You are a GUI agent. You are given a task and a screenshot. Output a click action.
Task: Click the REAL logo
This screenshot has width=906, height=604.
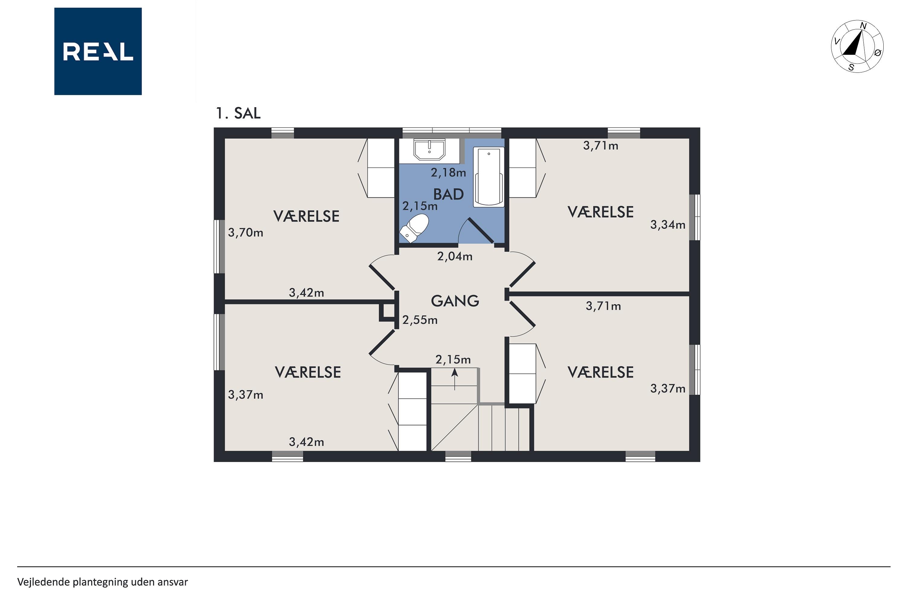tap(98, 51)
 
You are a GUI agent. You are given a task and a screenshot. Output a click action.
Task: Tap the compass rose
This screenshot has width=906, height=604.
tap(857, 46)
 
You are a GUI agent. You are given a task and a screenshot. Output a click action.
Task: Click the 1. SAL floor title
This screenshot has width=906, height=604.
tap(238, 113)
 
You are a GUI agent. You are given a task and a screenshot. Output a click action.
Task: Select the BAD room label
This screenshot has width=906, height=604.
tap(448, 194)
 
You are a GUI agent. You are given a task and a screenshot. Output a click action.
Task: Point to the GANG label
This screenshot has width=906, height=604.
tap(455, 301)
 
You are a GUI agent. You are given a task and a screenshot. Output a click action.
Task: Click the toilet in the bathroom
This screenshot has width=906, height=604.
tap(414, 228)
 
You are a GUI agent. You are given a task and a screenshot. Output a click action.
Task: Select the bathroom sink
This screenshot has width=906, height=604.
tap(429, 149)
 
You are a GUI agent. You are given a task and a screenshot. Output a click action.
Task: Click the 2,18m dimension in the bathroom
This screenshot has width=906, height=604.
tap(448, 172)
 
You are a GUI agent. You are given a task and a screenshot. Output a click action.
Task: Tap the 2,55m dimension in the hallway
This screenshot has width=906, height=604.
tap(420, 320)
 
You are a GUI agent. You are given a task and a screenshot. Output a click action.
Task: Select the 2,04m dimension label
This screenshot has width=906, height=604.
tap(455, 256)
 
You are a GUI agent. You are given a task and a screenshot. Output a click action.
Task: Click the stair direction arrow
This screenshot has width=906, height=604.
tap(455, 379)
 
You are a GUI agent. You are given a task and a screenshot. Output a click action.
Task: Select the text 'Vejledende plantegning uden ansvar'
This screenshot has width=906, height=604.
tap(102, 582)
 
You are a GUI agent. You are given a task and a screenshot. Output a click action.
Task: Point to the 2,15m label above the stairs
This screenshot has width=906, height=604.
tap(453, 360)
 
